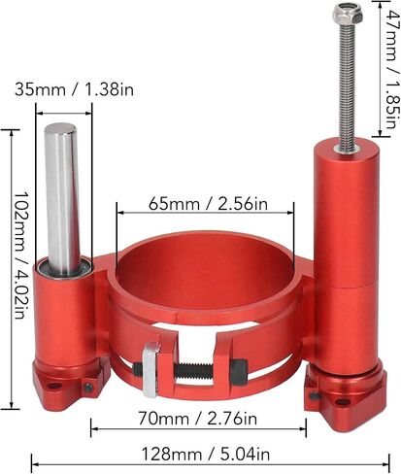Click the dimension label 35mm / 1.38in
point(74,89)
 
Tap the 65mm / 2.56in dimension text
point(208,204)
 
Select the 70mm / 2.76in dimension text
point(198,419)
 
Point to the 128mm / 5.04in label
point(206,455)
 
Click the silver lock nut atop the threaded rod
point(347,16)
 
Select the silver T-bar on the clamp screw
point(150,369)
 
